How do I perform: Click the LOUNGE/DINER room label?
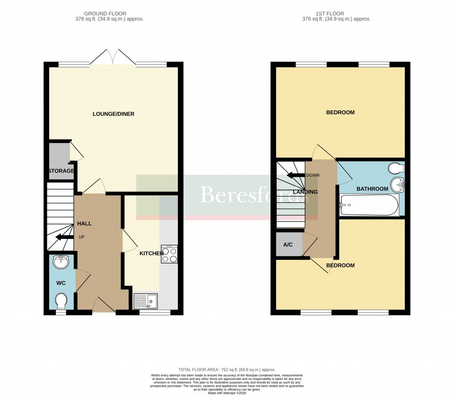click(113, 114)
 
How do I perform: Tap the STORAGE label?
click(61, 171)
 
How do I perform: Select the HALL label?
click(84, 223)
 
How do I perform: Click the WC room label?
click(61, 282)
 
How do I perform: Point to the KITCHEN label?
click(152, 253)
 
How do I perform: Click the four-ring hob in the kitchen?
click(169, 254)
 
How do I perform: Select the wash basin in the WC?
click(61, 262)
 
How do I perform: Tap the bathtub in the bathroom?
click(369, 205)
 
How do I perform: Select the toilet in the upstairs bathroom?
click(395, 168)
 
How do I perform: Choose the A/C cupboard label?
click(288, 244)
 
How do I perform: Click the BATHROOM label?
click(372, 189)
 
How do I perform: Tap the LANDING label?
click(305, 192)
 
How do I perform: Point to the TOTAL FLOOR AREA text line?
click(227, 370)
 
